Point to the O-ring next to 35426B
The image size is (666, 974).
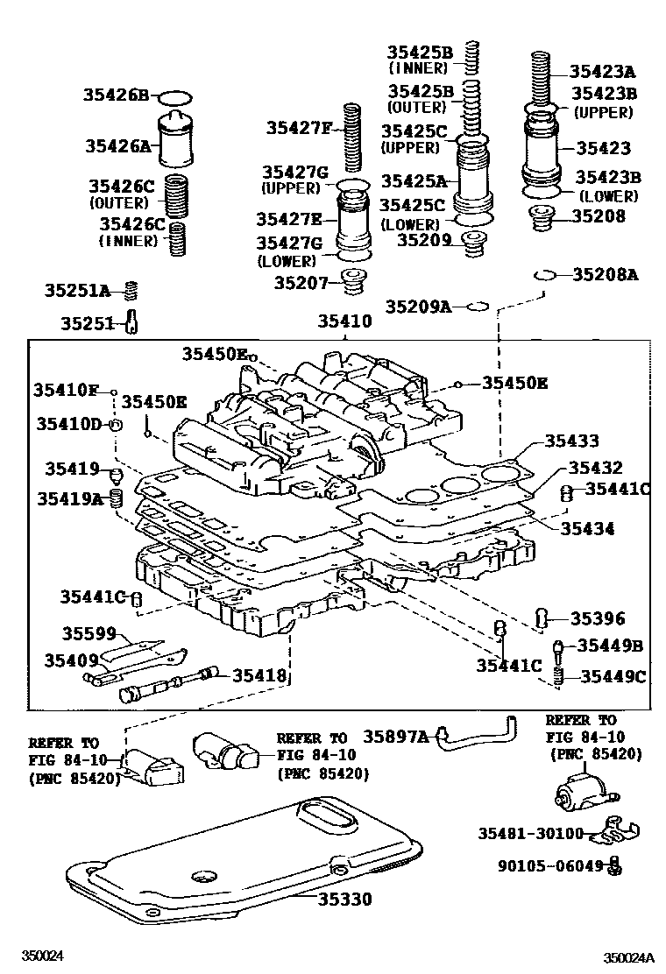click(x=176, y=96)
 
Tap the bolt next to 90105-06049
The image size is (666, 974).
click(x=614, y=865)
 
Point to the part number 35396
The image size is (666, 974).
click(x=598, y=619)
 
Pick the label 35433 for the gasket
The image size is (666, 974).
click(x=572, y=441)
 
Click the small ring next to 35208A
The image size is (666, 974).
click(x=544, y=275)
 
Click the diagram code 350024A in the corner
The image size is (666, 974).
click(x=628, y=957)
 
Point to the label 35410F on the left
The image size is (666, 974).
click(x=67, y=389)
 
